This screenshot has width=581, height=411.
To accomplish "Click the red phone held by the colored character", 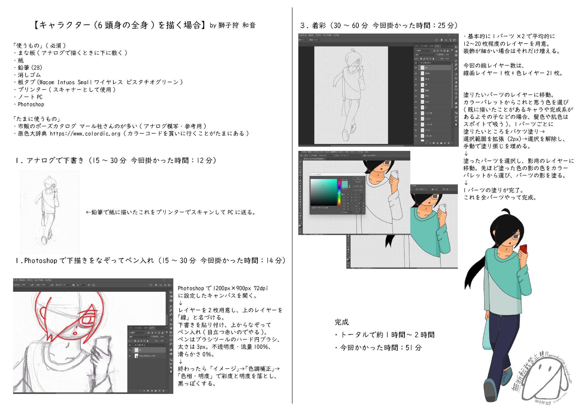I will click(x=523, y=249).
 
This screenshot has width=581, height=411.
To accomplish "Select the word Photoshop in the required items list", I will click(x=31, y=104).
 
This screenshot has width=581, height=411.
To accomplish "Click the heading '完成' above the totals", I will click(x=342, y=322).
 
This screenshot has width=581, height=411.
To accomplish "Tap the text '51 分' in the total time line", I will click(x=413, y=348).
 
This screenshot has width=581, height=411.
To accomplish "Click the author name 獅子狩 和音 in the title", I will click(x=237, y=25).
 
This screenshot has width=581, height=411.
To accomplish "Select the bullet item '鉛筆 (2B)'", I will click(x=30, y=68).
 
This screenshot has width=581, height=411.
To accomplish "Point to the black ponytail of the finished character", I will click(x=475, y=272).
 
